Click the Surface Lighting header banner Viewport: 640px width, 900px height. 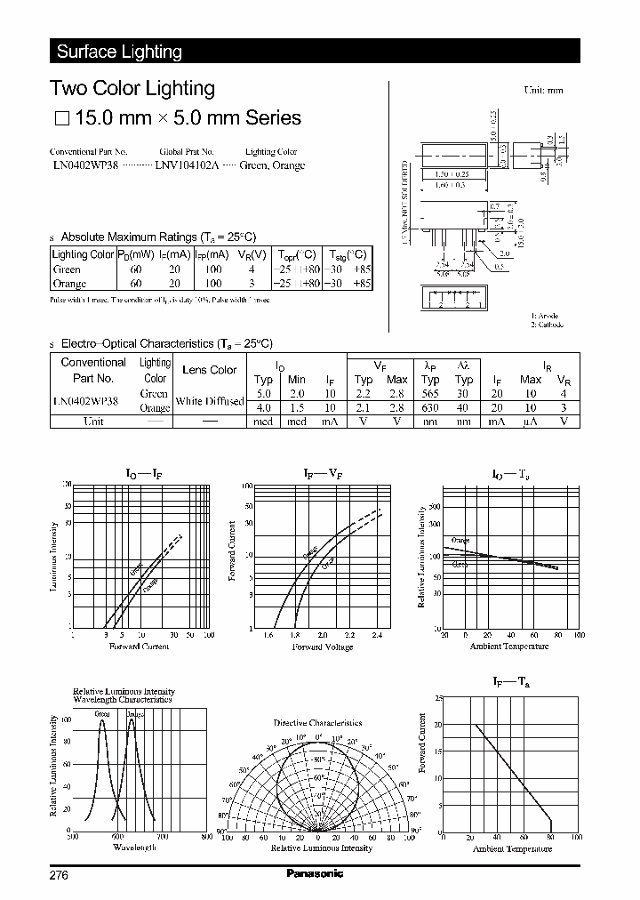(x=120, y=52)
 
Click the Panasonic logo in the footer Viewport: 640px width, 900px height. (x=314, y=874)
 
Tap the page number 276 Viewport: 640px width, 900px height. (x=60, y=875)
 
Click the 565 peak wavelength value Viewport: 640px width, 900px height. (x=430, y=392)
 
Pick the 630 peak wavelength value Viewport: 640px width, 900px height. (x=430, y=407)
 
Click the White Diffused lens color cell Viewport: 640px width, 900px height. (x=210, y=400)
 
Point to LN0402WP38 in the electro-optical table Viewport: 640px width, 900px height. (x=85, y=400)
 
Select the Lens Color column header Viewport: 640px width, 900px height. (x=210, y=370)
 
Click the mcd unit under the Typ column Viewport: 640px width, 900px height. (x=263, y=422)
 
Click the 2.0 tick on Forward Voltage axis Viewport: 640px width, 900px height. (x=322, y=635)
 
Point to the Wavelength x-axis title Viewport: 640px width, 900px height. (x=134, y=848)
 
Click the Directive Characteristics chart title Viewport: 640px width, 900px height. (x=317, y=723)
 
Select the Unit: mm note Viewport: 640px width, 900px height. (x=544, y=90)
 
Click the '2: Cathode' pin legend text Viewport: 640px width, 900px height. (x=548, y=325)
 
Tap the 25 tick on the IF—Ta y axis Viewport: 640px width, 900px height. (x=437, y=698)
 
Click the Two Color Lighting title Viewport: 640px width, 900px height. (x=132, y=88)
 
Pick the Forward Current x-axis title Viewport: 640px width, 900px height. (x=139, y=647)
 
